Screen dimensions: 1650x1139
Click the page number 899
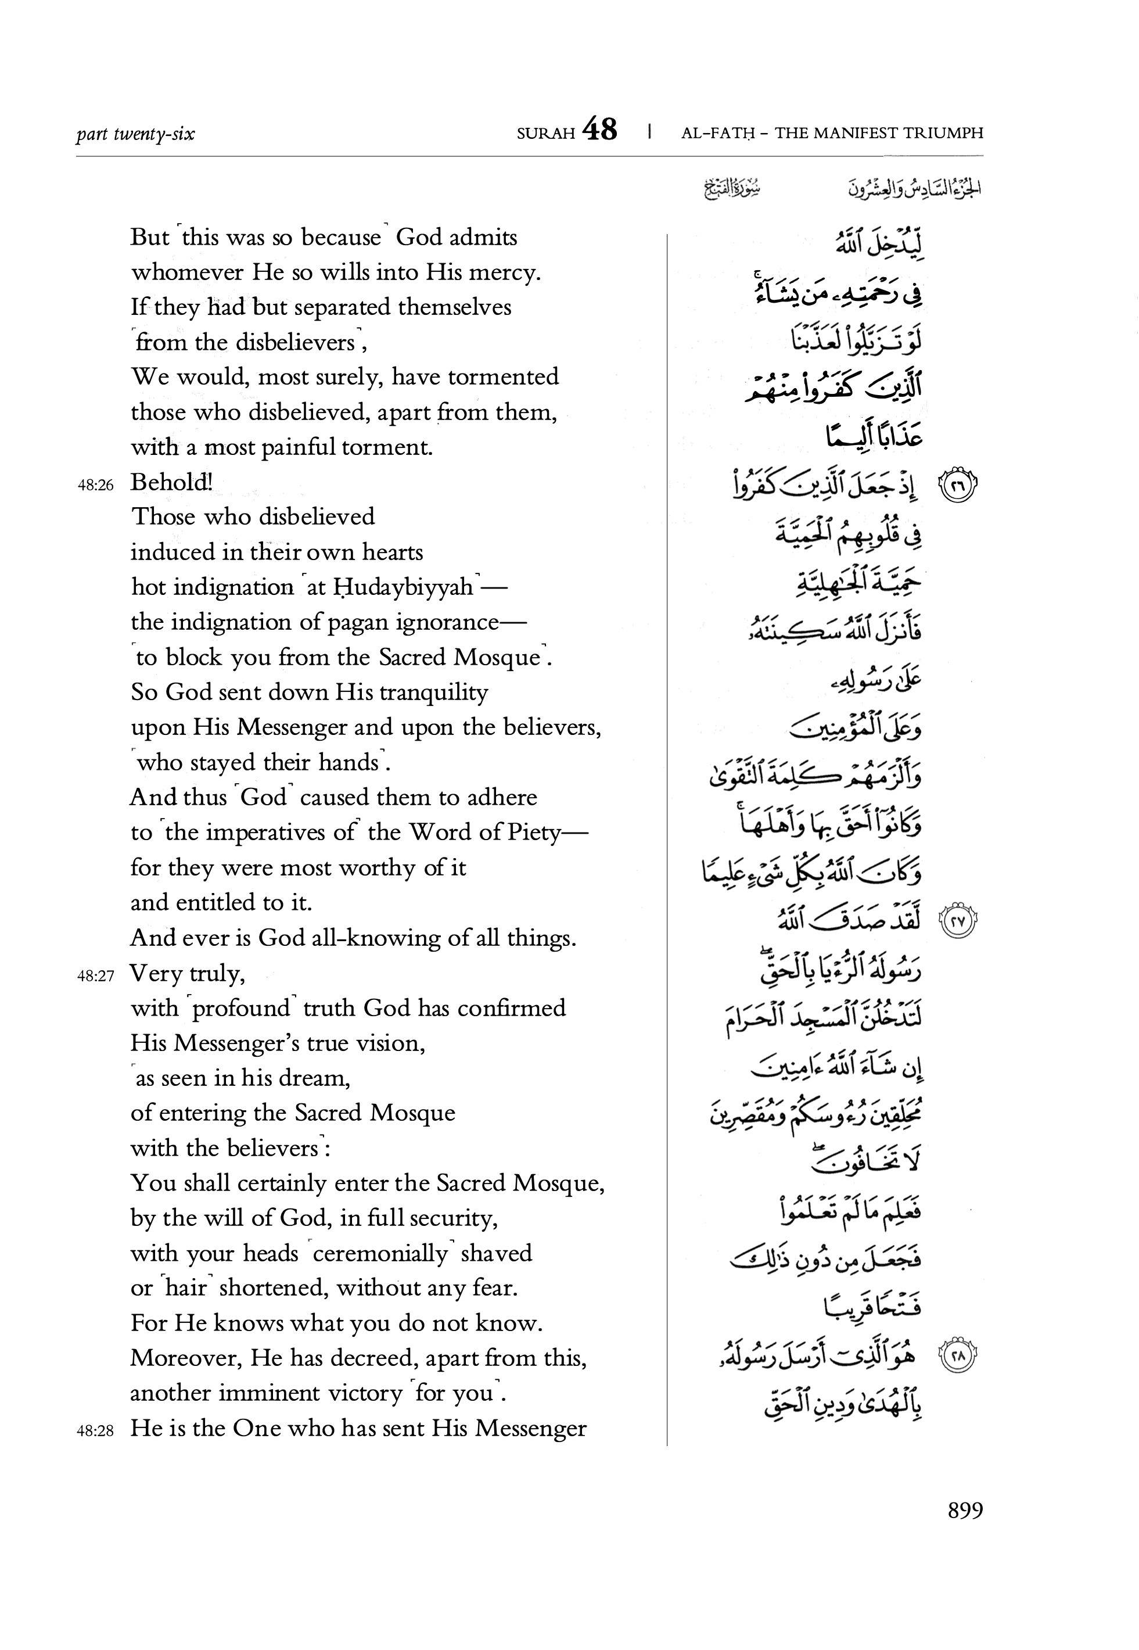965,1510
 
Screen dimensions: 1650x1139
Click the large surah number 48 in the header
599,130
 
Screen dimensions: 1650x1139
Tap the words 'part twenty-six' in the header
135,134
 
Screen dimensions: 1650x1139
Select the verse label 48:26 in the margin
96,485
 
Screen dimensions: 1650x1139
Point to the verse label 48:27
96,975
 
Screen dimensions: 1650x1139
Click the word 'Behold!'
171,482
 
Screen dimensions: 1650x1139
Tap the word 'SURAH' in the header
546,134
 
